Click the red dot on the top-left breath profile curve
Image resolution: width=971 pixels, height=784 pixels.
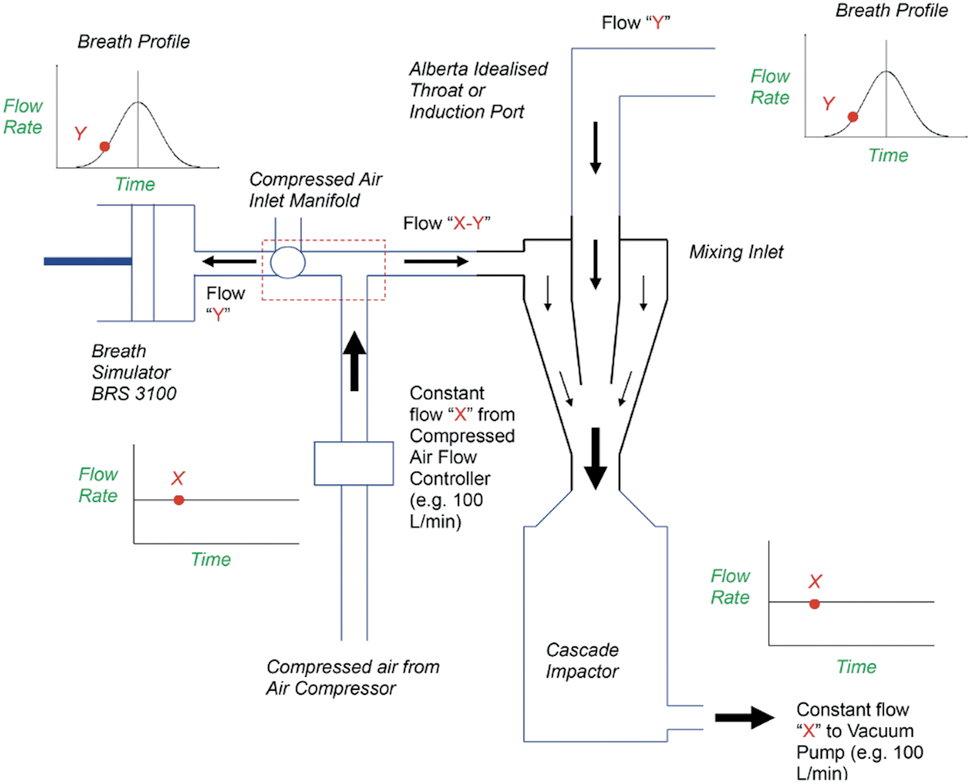pos(105,147)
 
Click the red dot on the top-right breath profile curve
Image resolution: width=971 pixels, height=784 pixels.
pos(853,117)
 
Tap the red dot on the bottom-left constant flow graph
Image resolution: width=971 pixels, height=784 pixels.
pos(179,500)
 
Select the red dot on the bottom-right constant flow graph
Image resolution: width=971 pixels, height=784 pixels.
pos(815,604)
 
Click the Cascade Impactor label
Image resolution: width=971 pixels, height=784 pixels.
pos(582,660)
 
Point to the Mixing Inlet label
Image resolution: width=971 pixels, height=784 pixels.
pos(736,252)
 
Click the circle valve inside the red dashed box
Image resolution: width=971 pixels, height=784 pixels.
pos(288,263)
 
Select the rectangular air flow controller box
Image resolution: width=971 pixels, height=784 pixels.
pos(354,464)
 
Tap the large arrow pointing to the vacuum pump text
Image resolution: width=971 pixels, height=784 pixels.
pos(745,718)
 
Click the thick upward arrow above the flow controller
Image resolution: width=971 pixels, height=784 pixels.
pos(354,361)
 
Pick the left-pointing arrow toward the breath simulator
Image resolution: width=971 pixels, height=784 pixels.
pos(229,262)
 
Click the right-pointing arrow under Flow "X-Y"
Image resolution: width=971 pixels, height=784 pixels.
pos(436,262)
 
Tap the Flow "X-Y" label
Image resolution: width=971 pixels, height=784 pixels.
pos(447,223)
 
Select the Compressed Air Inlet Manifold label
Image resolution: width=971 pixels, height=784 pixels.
pos(315,190)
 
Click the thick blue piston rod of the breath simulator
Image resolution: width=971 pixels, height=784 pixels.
pos(88,262)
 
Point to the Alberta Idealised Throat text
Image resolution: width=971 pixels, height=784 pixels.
pos(478,80)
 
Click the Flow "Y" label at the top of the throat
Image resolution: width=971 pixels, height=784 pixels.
pos(636,23)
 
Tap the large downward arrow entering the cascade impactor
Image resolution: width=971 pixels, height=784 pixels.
pos(595,459)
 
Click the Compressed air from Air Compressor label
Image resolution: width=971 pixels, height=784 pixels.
pos(353,677)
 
